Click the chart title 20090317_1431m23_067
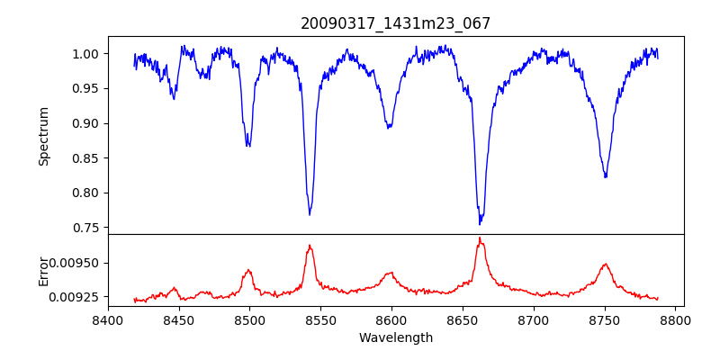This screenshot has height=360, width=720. coord(395,23)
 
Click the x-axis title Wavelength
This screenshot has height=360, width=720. coord(395,337)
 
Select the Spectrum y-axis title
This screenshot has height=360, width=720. coord(43,136)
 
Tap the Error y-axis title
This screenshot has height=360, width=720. coord(43,270)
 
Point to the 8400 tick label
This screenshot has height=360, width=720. coord(108,319)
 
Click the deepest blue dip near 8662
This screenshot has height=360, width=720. coord(481,223)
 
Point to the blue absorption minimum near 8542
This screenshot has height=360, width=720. coord(310,214)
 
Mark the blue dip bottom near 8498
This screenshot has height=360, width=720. coord(248,145)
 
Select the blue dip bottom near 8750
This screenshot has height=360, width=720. coord(606,176)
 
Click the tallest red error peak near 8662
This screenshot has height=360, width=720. coord(480,238)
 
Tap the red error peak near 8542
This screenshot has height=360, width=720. coord(310,246)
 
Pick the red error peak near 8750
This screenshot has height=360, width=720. coord(606,265)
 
